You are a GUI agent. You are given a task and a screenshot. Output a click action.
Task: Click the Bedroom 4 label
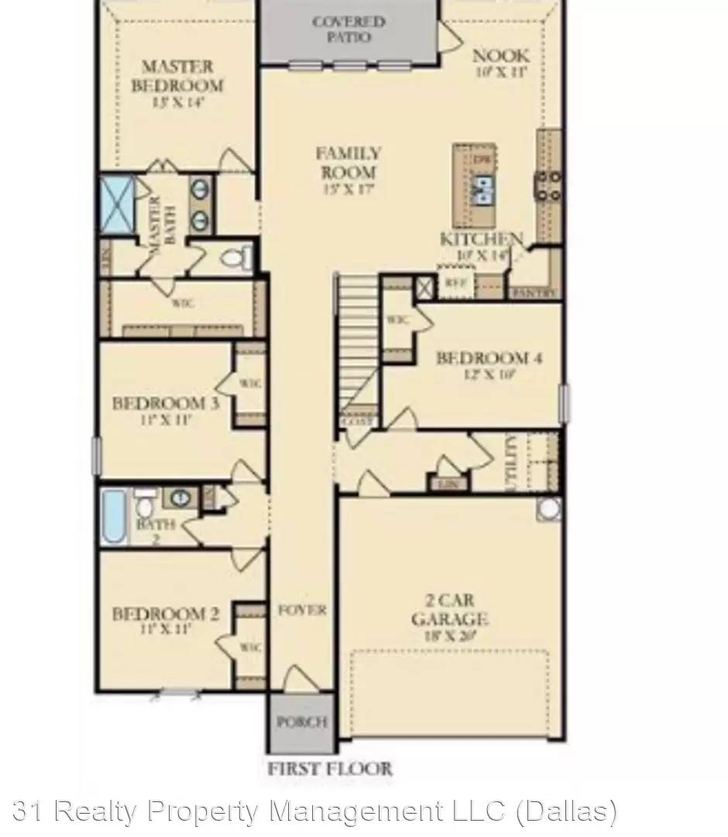coord(488,364)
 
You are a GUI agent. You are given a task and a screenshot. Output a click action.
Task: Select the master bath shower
coord(118,205)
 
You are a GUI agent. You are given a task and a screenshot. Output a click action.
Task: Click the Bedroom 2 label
coord(166,621)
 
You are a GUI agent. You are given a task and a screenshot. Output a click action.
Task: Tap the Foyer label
coord(302,610)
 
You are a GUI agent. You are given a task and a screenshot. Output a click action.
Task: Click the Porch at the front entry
coord(302,722)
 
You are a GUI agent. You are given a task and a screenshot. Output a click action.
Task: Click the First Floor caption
coord(330,770)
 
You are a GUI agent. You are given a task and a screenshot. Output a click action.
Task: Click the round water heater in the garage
coord(549,508)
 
